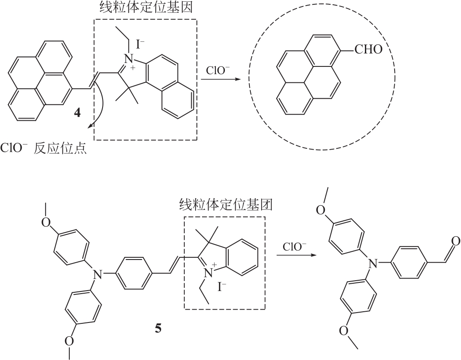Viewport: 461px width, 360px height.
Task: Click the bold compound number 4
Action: [77, 113]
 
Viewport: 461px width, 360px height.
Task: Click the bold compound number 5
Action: [158, 328]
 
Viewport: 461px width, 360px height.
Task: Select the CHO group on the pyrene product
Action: [368, 50]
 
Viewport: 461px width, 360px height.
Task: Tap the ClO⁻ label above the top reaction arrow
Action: [218, 71]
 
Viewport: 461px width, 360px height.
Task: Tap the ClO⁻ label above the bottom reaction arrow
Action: [295, 247]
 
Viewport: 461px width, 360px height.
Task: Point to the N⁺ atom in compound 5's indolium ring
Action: [209, 272]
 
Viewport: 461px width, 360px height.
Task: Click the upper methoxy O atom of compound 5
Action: [46, 222]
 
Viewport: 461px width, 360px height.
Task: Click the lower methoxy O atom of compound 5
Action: [70, 341]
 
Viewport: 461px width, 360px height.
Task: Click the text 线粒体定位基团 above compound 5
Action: [226, 205]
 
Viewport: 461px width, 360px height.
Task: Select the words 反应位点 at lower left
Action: [60, 149]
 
